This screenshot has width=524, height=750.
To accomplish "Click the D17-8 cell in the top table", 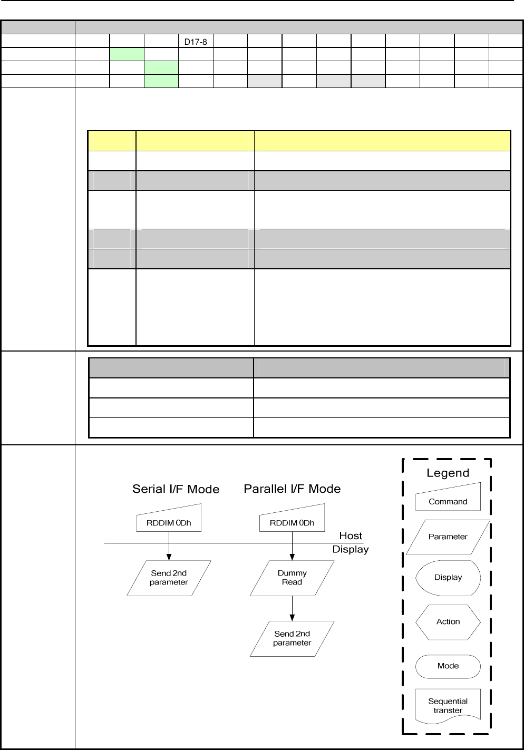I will pos(196,42).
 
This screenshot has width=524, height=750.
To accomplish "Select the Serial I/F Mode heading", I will pos(176,489).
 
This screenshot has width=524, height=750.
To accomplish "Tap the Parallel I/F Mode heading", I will pos(292,489).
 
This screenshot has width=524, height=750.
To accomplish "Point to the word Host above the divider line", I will pos(351,535).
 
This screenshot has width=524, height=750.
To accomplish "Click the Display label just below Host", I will pos(351,549).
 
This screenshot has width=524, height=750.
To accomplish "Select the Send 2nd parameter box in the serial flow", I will pos(169,578).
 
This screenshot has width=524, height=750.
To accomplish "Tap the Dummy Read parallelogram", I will pos(292,578).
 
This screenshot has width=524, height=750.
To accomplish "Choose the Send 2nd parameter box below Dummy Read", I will pos(292,638).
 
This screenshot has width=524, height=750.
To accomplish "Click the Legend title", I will pos(448,473).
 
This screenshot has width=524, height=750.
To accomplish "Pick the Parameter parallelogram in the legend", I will pos(448,537).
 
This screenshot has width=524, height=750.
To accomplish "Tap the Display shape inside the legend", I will pos(448,578).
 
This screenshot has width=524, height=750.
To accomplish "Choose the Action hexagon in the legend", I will pos(448,622).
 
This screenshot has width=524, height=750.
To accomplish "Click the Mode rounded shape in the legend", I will pos(448,666).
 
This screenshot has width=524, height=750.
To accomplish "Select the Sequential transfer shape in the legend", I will pos(448,706).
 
